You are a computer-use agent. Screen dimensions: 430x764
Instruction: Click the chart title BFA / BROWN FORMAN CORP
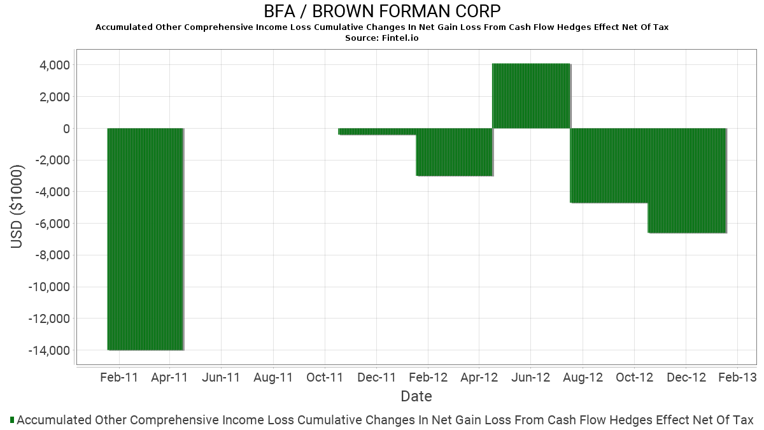click(382, 11)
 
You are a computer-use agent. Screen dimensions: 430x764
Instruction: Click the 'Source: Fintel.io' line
click(382, 38)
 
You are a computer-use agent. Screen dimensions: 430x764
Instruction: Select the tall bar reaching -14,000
click(145, 239)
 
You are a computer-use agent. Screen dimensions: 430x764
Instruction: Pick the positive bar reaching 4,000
click(531, 96)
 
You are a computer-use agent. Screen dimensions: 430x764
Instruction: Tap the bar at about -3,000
click(455, 152)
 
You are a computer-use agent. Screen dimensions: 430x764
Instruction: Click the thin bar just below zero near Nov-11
click(377, 132)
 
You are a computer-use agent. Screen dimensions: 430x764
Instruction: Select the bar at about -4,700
click(609, 166)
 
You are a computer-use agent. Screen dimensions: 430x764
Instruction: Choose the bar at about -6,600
click(687, 180)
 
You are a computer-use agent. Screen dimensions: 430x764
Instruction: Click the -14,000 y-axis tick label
click(50, 350)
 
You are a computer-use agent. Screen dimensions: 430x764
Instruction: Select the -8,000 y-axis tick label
click(52, 255)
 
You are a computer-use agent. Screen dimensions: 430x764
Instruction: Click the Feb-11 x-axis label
click(119, 377)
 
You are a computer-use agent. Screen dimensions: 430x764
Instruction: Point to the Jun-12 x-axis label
click(531, 377)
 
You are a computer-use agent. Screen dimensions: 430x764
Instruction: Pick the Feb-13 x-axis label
click(737, 377)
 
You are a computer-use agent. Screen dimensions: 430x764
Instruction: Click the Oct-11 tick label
click(325, 377)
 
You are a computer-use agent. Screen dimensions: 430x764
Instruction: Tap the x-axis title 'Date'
click(416, 396)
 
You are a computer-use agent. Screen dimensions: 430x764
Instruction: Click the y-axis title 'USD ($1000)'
click(17, 207)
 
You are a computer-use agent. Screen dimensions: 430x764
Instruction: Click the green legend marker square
click(12, 420)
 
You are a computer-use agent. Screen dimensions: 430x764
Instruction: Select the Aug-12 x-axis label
click(583, 377)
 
